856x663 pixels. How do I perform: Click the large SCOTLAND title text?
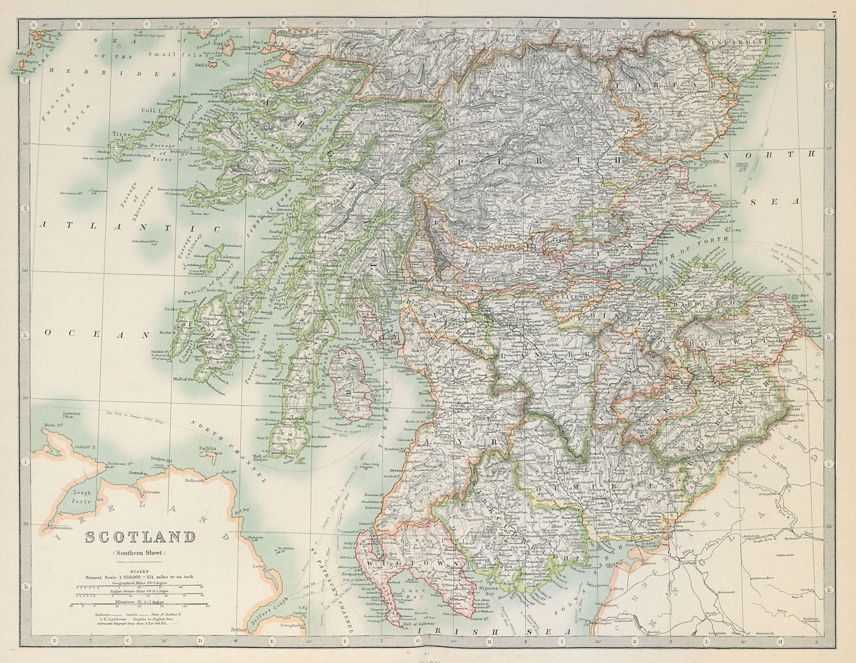coord(140,537)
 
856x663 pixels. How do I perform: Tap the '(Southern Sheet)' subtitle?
coord(140,553)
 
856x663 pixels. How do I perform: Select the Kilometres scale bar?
coord(140,607)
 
